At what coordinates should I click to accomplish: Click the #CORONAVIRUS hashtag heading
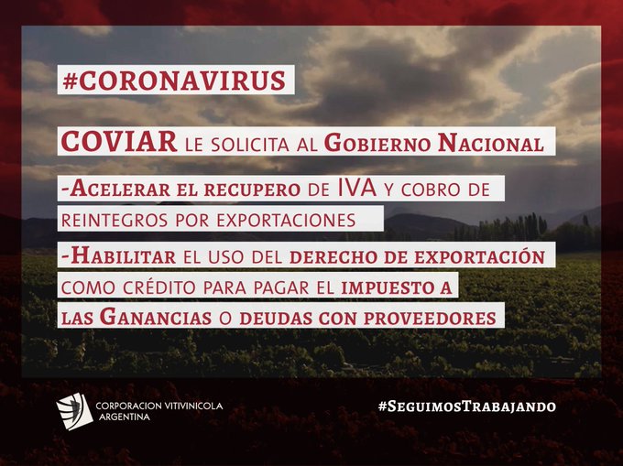coord(174,81)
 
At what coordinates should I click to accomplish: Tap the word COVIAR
coord(119,142)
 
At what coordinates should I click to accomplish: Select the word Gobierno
coord(377,143)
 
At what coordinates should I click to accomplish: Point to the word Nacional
coord(491,143)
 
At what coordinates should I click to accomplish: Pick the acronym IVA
coord(357,189)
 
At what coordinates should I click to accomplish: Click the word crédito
coord(158,287)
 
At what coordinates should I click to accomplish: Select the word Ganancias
coord(156,317)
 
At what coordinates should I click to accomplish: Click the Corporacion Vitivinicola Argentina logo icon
coord(74,411)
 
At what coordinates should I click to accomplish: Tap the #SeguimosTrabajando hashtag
coord(467,406)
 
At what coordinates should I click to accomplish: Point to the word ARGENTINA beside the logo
coord(125,417)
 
